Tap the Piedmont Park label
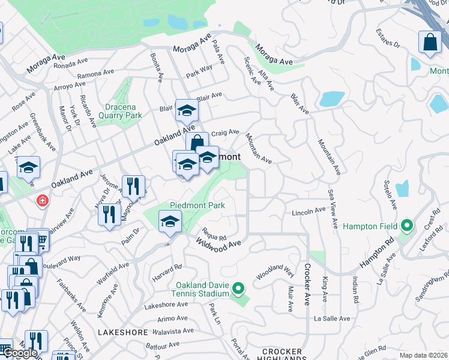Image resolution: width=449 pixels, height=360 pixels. tap(197, 205)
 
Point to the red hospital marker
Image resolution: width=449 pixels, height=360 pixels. tap(42, 200)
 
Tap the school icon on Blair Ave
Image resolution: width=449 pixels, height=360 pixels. tap(187, 110)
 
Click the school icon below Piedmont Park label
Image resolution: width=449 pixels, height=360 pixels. tap(170, 222)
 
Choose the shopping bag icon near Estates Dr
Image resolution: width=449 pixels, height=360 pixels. tap(430, 43)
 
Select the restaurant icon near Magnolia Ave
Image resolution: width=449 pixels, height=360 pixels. tap(133, 186)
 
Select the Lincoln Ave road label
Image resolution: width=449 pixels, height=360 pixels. tap(308, 212)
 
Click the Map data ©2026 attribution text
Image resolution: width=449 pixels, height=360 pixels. tap(424, 355)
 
